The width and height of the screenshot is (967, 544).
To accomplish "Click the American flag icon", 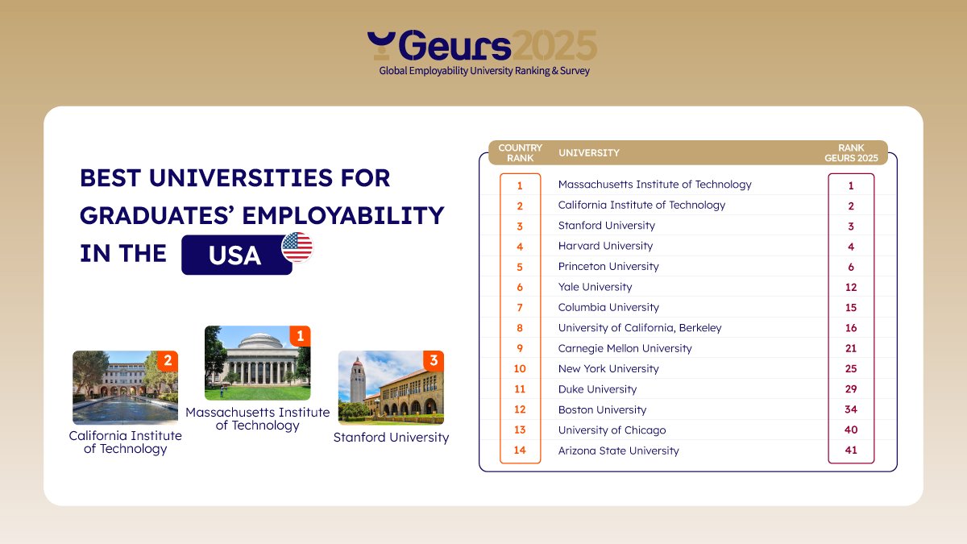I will point(297,247).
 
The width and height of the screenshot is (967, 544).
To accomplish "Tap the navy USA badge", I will point(236,255).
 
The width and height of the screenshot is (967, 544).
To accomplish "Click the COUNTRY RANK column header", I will point(520,152).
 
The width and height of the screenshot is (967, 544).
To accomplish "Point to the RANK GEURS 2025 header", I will point(851,152).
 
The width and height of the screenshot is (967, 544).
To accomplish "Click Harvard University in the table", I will point(605,246).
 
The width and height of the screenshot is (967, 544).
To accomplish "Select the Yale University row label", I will point(595,287).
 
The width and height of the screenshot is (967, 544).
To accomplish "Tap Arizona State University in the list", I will point(618,451).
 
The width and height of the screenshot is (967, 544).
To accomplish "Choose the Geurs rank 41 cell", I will point(851,451).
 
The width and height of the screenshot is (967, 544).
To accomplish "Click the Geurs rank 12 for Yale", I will point(851,287).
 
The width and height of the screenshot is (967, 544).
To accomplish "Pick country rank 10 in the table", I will point(520,368).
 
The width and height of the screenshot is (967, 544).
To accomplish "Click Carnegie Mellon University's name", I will point(625,348).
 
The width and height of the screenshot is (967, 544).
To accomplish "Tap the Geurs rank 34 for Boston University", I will point(851,409).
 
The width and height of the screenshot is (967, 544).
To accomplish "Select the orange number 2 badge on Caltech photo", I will point(168,361).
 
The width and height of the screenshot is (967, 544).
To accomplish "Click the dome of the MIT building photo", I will point(256,340).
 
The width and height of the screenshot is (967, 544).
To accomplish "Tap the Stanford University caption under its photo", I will point(391,437).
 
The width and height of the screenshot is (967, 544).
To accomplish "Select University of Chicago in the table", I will point(612,430).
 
